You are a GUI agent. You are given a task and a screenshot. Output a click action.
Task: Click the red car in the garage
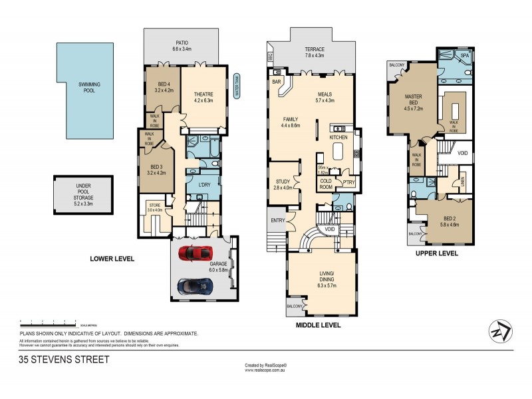pos(198,253)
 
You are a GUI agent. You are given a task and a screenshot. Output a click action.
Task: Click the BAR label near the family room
pos(276,82)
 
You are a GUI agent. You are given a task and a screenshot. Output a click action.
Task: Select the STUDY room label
pos(283,184)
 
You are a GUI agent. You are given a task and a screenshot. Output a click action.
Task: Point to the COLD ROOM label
pos(327,184)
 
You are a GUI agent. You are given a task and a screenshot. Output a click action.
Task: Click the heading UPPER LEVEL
pos(436,254)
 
